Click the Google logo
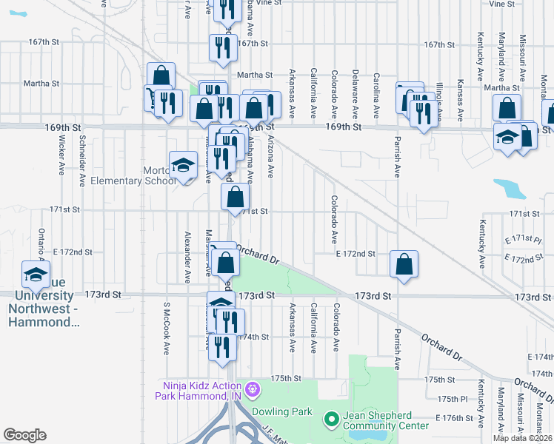pyautogui.click(x=24, y=435)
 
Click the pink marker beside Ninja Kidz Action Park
pyautogui.click(x=253, y=388)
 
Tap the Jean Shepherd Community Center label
pyautogui.click(x=385, y=420)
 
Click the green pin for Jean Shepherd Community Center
pyautogui.click(x=331, y=420)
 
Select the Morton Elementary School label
pyautogui.click(x=134, y=175)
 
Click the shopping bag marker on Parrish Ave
pyautogui.click(x=404, y=265)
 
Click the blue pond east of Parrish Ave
pyautogui.click(x=510, y=189)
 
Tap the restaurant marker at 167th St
pyautogui.click(x=223, y=48)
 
